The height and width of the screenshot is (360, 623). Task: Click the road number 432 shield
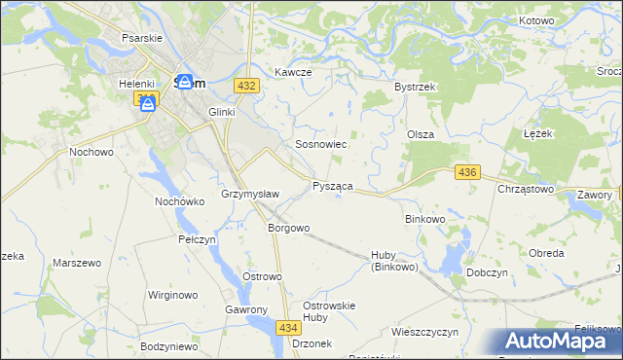[245, 87]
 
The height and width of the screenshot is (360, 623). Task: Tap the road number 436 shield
[467, 172]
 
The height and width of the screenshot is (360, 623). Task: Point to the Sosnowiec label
[321, 144]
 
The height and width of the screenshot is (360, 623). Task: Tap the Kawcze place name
[292, 73]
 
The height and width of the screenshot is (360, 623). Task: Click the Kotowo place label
[536, 20]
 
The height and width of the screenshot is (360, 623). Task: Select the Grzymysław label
[250, 194]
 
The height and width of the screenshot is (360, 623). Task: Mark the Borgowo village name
[288, 229]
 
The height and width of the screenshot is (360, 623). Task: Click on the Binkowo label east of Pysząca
[424, 219]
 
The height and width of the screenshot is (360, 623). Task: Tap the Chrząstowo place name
[526, 189]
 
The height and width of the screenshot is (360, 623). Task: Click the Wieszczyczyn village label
[424, 332]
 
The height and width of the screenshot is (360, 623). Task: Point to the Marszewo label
[77, 263]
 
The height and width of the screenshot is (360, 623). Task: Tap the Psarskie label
[141, 38]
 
